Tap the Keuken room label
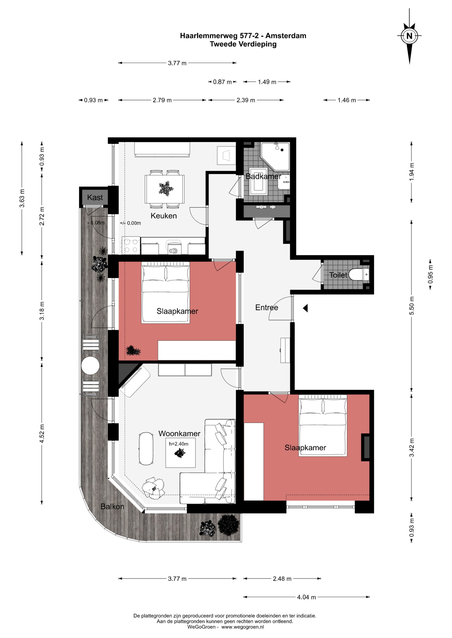(164, 216)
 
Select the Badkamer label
(263, 176)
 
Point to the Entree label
(267, 308)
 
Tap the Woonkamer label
(179, 434)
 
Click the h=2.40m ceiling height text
(178, 444)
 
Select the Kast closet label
(95, 197)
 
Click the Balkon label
(112, 507)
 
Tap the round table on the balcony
(90, 366)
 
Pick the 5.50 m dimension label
(412, 306)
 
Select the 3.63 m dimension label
(22, 198)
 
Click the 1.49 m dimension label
(267, 82)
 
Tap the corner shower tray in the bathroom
(275, 157)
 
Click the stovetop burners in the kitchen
(131, 246)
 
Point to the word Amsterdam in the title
(286, 36)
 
